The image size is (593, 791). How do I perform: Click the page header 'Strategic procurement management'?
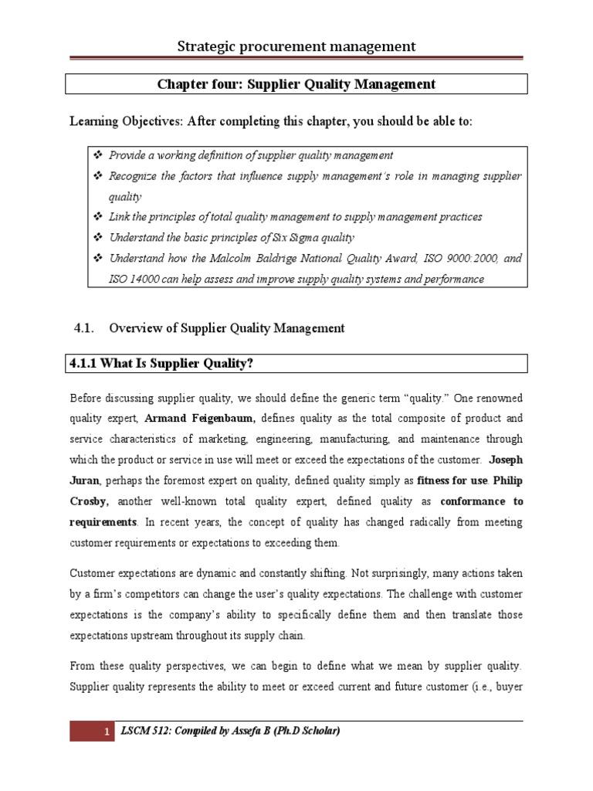click(296, 46)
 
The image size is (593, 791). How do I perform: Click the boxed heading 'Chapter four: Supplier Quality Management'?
click(296, 84)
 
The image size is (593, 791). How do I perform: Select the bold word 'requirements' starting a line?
click(104, 522)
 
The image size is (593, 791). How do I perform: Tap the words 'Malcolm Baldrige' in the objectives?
click(249, 258)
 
